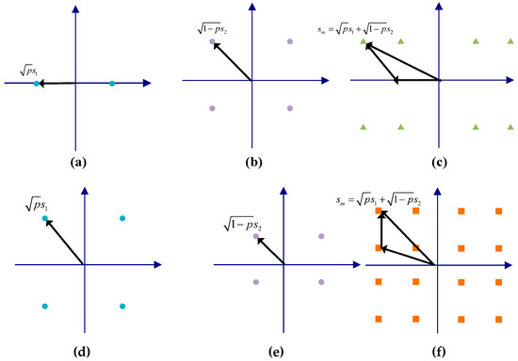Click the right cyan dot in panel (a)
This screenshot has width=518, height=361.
112,84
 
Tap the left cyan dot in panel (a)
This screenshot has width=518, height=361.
36,84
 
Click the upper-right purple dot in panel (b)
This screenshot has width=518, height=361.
289,42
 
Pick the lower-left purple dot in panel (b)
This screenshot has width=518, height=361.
212,108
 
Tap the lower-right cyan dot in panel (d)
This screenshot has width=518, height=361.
122,306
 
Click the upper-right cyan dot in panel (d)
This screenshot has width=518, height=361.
122,219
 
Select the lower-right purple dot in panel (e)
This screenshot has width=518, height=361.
321,281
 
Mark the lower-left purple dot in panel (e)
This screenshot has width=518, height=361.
255,281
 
